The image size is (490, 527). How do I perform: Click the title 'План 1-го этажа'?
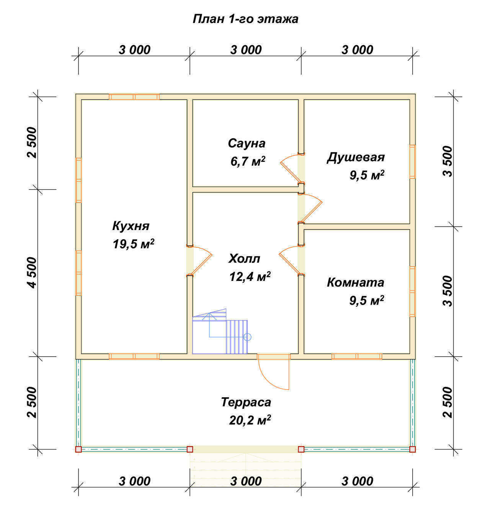tap(245, 19)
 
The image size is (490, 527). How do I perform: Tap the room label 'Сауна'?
tap(247, 143)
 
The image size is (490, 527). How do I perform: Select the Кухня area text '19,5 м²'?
tap(134, 244)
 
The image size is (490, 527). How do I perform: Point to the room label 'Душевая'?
tap(356, 158)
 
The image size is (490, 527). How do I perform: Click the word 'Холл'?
tap(244, 259)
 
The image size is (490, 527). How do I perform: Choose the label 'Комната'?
tap(355, 282)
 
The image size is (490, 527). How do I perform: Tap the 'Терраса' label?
tap(246, 402)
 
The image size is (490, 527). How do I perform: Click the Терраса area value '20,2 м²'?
tap(250, 420)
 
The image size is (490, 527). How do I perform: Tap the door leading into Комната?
tap(291, 260)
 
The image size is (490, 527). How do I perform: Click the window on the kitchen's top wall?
tap(134, 96)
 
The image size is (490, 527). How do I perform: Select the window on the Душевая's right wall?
tap(412, 162)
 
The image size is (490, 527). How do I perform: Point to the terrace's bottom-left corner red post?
tap(78, 449)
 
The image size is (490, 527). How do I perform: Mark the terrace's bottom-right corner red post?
tap(413, 449)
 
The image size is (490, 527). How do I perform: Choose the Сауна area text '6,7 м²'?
tap(248, 162)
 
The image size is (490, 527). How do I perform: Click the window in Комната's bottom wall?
tap(357, 356)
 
